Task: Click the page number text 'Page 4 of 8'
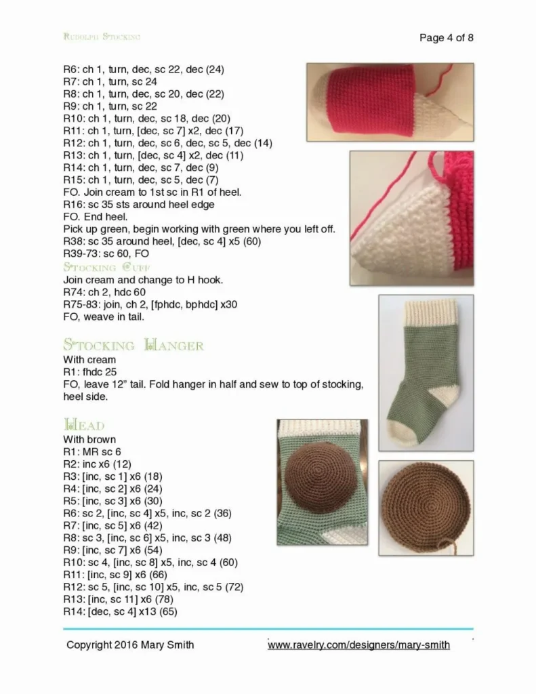[446, 38]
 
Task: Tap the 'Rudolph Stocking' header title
[102, 37]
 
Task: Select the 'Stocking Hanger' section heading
[133, 346]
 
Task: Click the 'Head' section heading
[85, 425]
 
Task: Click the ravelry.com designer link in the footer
[358, 645]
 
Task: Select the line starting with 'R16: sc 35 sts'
[139, 205]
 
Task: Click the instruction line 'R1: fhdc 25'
[89, 372]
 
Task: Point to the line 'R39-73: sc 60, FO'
[106, 253]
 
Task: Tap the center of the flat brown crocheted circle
[426, 505]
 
